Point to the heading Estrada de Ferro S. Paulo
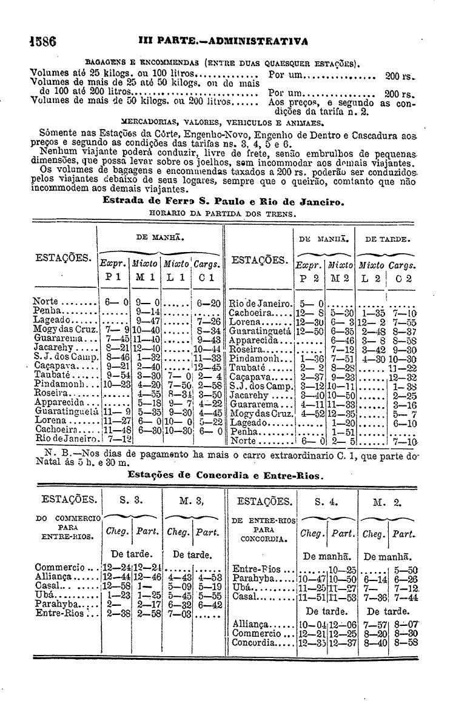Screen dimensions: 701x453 [x=224, y=201]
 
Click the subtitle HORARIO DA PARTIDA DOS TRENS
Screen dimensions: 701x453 [x=223, y=213]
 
